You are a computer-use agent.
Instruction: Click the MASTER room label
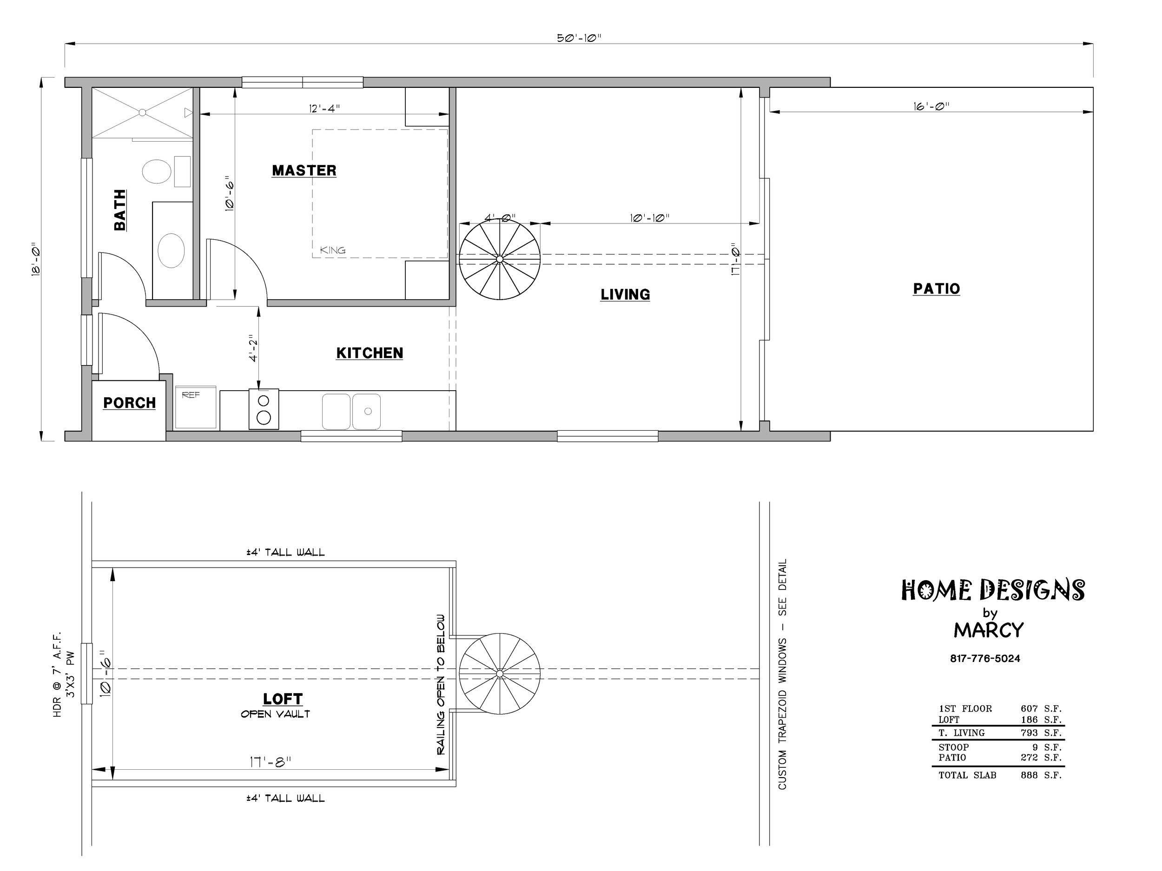[304, 170]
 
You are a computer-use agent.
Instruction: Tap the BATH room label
[120, 210]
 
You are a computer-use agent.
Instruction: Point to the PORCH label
[129, 403]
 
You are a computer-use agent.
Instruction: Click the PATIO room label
[937, 289]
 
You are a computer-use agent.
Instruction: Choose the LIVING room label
[625, 295]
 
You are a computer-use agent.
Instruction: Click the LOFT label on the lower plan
[283, 699]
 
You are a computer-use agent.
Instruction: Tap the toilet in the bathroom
[157, 171]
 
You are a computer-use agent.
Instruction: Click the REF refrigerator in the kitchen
[195, 408]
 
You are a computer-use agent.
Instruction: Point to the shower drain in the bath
[142, 112]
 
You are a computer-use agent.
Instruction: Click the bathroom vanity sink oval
[171, 250]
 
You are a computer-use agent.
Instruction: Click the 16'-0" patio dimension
[931, 106]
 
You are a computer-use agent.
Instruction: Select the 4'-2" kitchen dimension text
[254, 348]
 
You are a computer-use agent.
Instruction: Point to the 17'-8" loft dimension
[270, 762]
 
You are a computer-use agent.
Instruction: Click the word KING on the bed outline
[333, 250]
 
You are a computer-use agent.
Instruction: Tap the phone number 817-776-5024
[985, 658]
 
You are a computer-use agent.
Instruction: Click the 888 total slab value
[1029, 775]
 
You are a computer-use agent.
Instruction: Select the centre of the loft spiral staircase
[500, 674]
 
